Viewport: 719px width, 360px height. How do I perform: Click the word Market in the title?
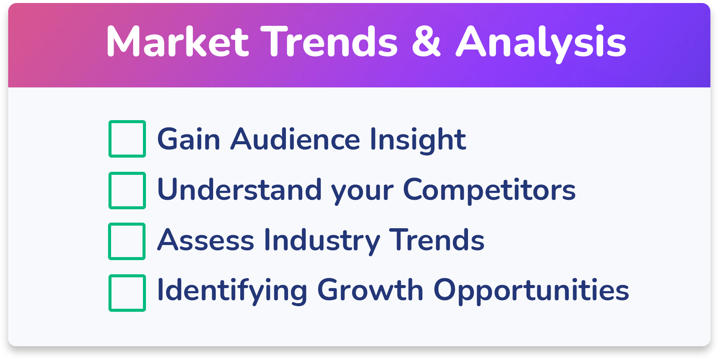177,41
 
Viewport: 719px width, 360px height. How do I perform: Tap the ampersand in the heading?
426,41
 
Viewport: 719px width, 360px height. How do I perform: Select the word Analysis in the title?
541,43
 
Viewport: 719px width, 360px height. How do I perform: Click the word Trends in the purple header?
329,41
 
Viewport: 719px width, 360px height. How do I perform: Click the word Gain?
189,139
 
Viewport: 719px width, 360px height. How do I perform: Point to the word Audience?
295,139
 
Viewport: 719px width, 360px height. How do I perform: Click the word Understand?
239,189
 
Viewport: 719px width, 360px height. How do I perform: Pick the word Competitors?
489,191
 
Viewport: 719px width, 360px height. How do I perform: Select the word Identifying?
232,291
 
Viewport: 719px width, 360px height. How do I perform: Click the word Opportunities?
531,291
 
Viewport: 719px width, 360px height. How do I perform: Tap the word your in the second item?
362,192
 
